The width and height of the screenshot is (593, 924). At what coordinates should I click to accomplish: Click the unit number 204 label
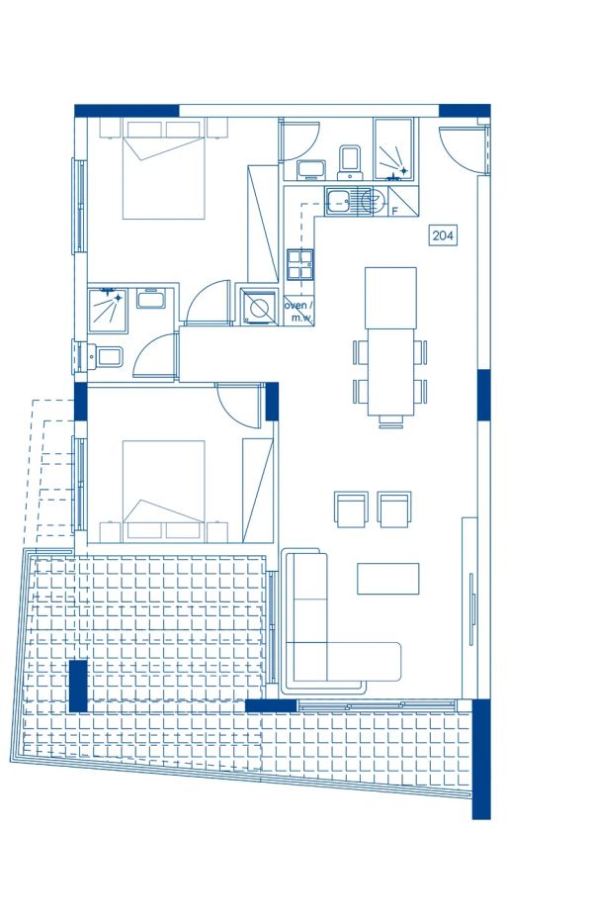point(442,234)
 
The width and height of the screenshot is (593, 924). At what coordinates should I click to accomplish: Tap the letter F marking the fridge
point(394,211)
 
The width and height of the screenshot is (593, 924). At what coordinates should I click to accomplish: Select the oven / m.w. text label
point(298,311)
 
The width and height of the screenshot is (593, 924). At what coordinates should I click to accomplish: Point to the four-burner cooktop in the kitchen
point(300,262)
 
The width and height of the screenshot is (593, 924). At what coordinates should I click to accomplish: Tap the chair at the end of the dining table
point(390,420)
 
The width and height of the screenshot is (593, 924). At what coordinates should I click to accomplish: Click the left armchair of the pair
point(351,509)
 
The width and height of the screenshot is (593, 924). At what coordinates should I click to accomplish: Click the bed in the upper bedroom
point(163,168)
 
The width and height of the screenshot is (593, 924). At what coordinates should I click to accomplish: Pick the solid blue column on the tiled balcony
point(78,685)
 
